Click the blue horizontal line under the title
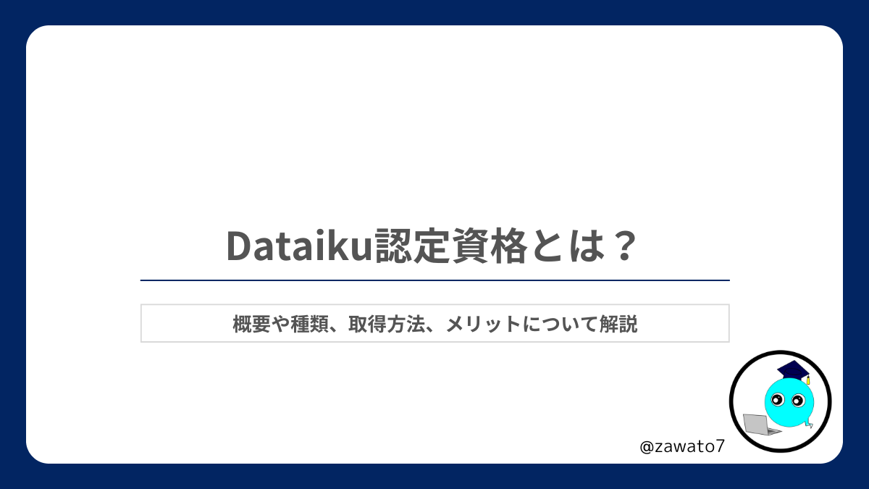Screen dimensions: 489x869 click(434, 280)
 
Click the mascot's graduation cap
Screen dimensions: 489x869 click(792, 370)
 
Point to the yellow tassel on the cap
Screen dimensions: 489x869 click(807, 380)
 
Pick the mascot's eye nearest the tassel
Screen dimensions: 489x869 click(798, 400)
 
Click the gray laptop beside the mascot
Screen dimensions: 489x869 click(758, 425)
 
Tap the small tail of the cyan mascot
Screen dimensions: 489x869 click(810, 425)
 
